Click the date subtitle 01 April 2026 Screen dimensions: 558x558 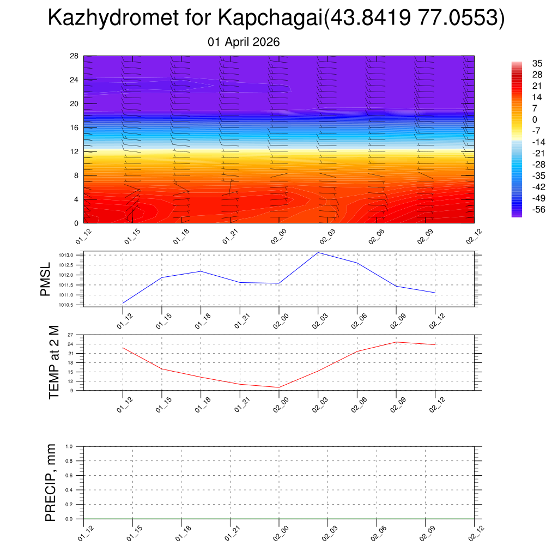(x=244, y=42)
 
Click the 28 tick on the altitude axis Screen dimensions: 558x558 (x=75, y=56)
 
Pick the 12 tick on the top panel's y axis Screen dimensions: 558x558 (x=75, y=151)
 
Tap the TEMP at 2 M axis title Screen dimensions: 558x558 (x=53, y=362)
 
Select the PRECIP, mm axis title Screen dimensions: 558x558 (x=51, y=483)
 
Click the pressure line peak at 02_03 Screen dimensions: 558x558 (x=318, y=252)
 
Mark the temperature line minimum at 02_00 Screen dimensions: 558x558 (x=279, y=387)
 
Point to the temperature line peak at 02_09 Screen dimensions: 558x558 (x=396, y=342)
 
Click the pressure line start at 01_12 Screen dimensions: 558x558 (x=123, y=303)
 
